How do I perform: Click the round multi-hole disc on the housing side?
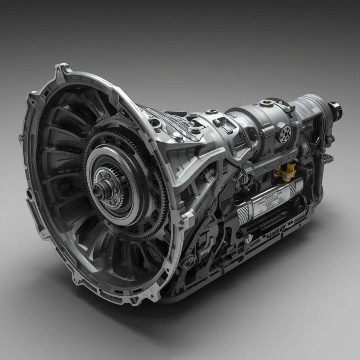click(284, 134)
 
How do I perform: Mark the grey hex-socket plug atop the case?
click(211, 111)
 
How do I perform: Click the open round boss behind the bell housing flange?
click(155, 122)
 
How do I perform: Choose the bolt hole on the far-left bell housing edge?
click(30, 195)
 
